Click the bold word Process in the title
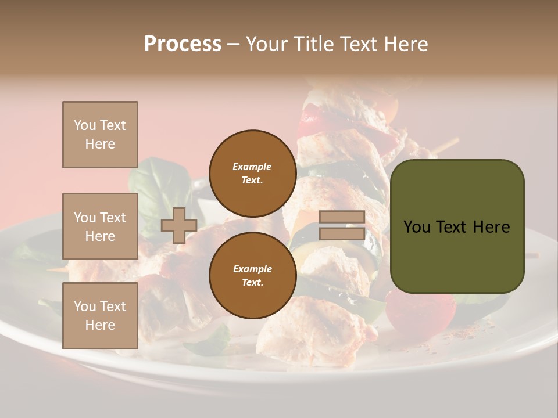click(183, 44)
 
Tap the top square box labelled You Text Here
click(100, 135)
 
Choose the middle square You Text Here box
click(100, 226)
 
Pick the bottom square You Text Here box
click(100, 315)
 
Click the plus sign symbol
click(178, 225)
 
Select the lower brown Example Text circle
click(252, 275)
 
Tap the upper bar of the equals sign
click(342, 217)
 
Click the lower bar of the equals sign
click(342, 233)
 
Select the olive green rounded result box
click(457, 226)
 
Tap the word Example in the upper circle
click(252, 167)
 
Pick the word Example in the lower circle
click(252, 269)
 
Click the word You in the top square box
click(85, 125)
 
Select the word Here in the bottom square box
click(100, 325)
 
